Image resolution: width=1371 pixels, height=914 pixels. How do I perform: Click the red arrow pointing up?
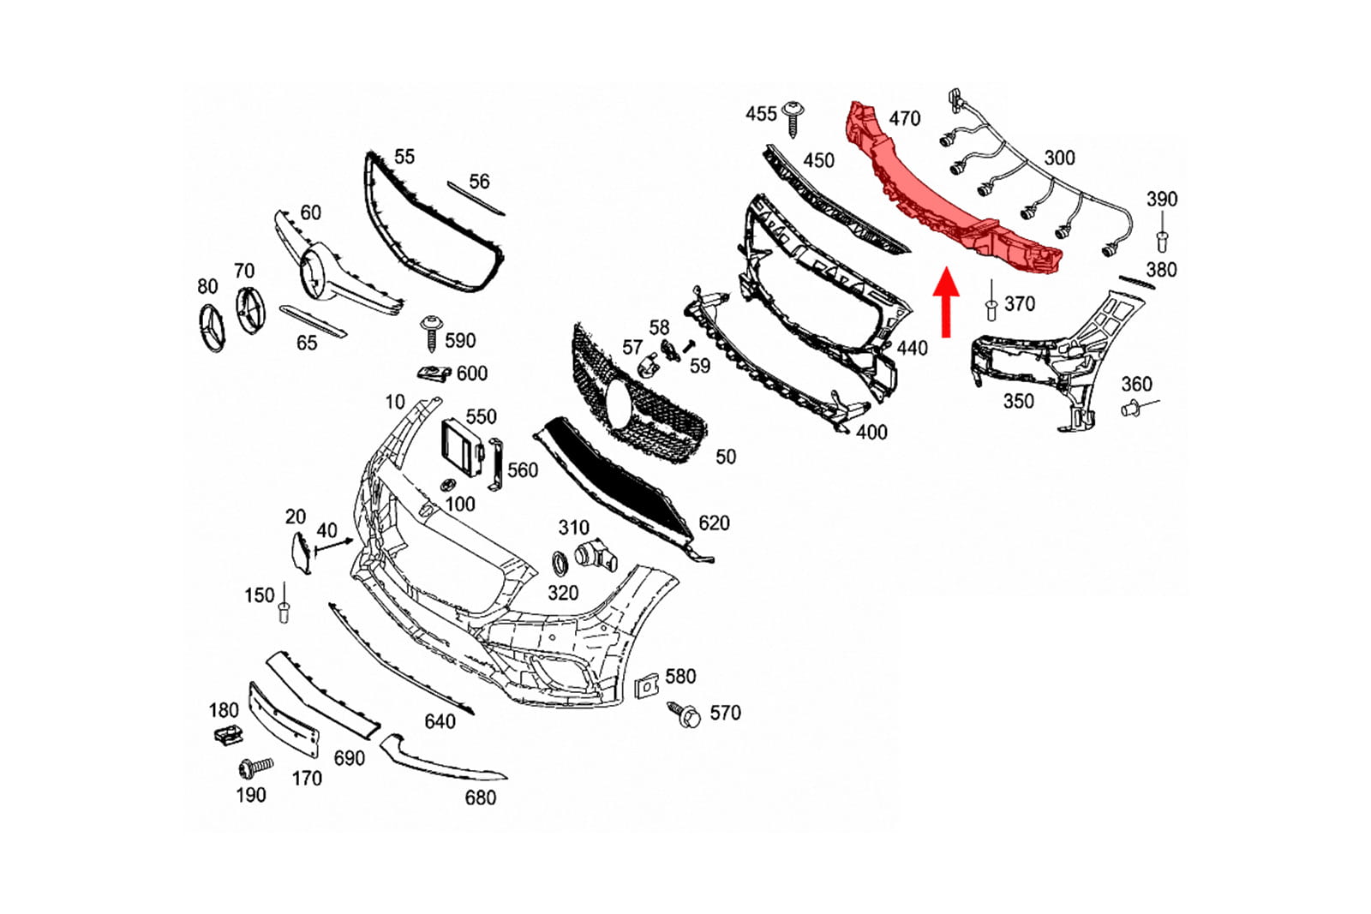point(946,302)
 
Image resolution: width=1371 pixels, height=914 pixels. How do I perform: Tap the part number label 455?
point(761,114)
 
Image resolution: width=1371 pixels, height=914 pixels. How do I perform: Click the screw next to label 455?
point(793,118)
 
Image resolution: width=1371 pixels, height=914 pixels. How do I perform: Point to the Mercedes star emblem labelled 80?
point(212,327)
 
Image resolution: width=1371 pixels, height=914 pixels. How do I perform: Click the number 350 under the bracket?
point(1019,402)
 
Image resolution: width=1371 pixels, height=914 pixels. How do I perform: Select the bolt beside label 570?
point(685,714)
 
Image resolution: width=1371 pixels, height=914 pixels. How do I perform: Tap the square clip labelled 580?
point(646,686)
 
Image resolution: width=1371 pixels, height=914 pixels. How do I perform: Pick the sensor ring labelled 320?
point(560,564)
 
